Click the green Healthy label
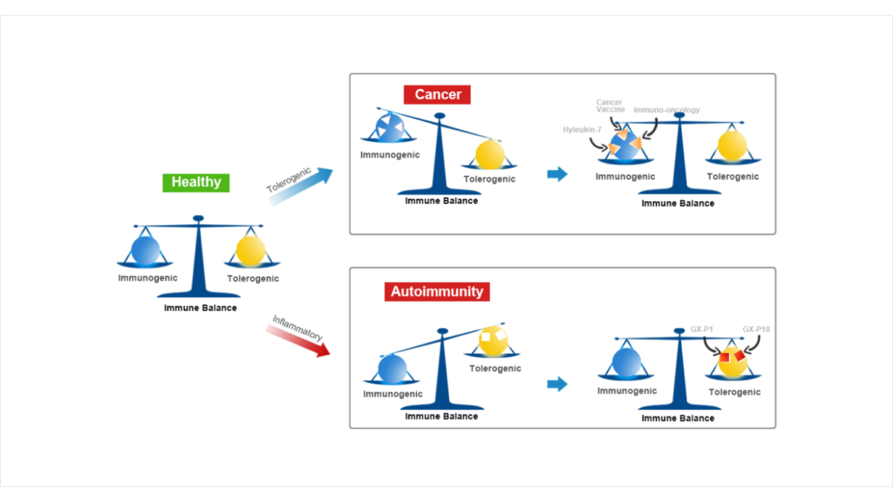click(196, 182)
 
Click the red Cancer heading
click(437, 94)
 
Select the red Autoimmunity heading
click(437, 291)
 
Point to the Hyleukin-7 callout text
click(583, 129)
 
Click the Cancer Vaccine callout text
click(610, 106)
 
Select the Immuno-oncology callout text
click(666, 111)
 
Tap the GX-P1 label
click(702, 329)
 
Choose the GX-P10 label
click(756, 329)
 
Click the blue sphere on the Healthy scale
click(146, 251)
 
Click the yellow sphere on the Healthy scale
click(250, 251)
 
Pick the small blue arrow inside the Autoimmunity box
click(556, 384)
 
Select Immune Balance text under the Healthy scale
click(201, 308)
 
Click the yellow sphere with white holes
click(493, 340)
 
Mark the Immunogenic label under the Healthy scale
click(148, 278)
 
